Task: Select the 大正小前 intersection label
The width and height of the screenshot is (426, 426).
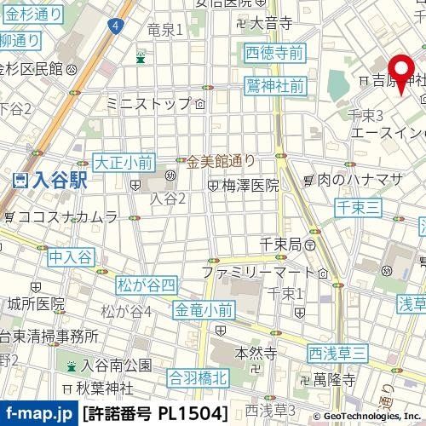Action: coord(124,159)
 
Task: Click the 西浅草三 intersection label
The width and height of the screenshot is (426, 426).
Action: coord(337,352)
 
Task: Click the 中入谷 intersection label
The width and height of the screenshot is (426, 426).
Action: coord(70,256)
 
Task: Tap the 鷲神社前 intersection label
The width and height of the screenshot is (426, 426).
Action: coord(275,86)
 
